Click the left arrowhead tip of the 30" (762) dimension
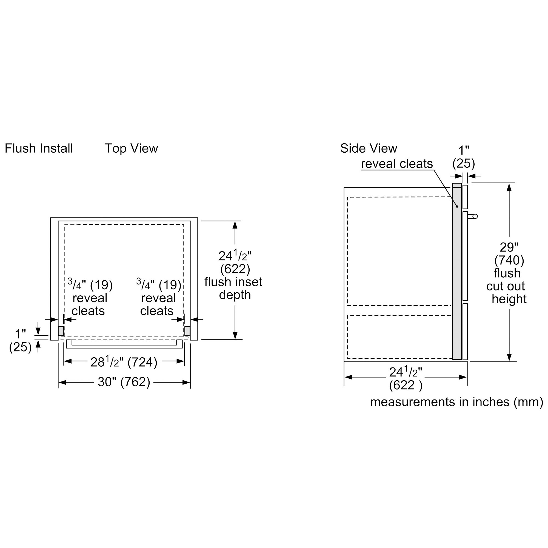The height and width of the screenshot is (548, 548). [x=59, y=383]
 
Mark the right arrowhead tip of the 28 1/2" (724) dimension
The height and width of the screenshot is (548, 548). [x=184, y=361]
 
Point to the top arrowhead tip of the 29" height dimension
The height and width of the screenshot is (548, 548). [x=509, y=184]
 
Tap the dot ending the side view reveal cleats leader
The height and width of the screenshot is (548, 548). [x=457, y=207]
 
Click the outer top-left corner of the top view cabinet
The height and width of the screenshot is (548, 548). [x=50, y=218]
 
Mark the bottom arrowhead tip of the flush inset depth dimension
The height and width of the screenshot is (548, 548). [x=235, y=339]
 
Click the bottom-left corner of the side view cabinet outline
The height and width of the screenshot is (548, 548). [x=344, y=361]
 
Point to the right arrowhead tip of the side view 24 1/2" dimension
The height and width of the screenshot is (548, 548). [x=467, y=377]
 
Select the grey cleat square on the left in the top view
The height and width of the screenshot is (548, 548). [x=61, y=331]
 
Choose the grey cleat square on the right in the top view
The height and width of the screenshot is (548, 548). [x=187, y=331]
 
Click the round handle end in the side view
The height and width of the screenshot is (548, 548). [x=475, y=216]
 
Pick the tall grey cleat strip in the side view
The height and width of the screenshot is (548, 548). [x=457, y=272]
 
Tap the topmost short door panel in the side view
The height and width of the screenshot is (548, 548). [x=465, y=197]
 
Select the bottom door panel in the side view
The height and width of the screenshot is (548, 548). [x=465, y=332]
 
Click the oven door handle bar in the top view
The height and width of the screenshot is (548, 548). [x=124, y=344]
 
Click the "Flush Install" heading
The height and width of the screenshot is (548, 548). [x=39, y=148]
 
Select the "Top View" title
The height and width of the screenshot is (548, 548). [x=131, y=148]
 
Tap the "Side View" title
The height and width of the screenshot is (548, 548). [x=369, y=148]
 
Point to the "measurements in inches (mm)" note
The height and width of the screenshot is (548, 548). [x=457, y=402]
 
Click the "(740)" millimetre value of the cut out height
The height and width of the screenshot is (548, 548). [x=509, y=260]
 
